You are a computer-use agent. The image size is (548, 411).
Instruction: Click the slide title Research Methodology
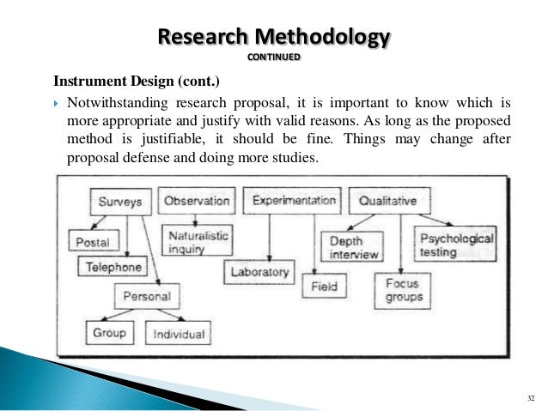point(274,38)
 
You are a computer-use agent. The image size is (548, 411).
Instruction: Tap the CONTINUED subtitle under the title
point(274,57)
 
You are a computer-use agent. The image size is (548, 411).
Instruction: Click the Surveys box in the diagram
point(120,202)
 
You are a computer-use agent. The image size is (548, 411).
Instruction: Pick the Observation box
point(197,201)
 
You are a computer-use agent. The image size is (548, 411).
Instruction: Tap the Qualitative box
point(388,201)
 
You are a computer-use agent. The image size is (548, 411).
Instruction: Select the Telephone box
point(113,267)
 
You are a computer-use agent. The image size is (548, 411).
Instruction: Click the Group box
point(110,332)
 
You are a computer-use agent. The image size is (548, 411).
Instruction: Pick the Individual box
point(178,333)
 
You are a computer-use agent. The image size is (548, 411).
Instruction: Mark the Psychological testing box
point(456,242)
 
